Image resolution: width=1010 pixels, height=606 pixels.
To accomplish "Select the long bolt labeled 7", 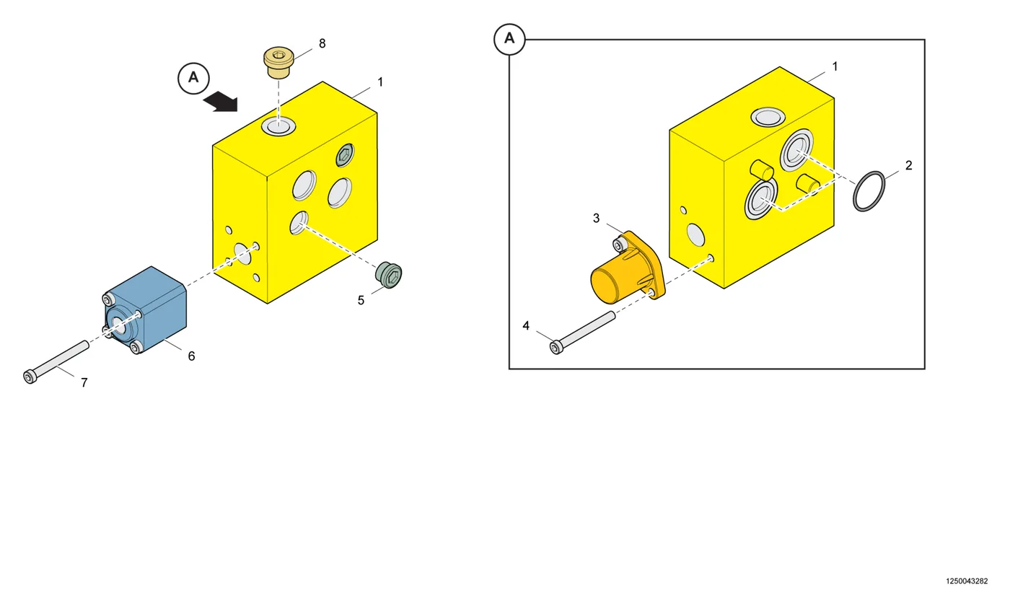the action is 56,362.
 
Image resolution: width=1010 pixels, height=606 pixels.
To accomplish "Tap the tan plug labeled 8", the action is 278,62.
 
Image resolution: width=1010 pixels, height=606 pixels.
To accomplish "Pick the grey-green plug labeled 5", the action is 389,274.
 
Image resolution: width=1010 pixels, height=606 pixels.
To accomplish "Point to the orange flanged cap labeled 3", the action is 628,268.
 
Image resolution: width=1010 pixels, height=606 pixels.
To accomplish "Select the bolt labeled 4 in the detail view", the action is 582,333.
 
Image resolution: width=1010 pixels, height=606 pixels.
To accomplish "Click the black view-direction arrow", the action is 220,102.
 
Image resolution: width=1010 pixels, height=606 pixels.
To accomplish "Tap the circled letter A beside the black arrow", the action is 193,79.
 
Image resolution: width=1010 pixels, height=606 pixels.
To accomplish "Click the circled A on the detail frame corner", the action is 509,39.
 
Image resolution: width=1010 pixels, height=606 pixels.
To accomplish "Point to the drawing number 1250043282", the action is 967,581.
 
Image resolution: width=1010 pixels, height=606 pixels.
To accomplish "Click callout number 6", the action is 191,356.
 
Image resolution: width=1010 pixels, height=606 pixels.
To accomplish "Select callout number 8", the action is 322,43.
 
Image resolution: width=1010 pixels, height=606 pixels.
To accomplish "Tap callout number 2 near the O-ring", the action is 908,165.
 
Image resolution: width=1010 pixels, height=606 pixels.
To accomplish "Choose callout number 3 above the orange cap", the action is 596,218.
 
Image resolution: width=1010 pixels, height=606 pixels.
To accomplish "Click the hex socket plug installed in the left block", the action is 345,156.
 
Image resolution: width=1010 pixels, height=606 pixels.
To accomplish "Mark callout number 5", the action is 361,300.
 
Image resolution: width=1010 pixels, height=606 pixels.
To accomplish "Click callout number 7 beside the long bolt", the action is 84,383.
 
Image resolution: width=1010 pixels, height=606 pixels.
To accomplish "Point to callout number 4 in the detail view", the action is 526,325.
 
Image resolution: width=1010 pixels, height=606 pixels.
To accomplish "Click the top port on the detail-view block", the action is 768,117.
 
